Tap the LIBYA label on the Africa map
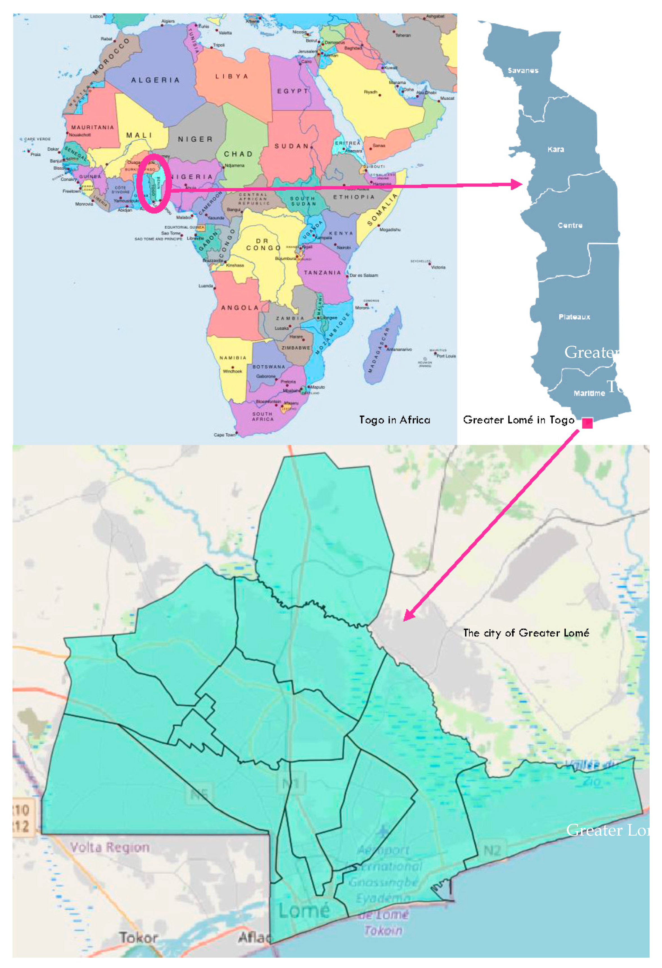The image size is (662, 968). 232,77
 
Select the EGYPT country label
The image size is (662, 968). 293,91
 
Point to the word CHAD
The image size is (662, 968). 238,154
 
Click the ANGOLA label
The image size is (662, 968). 240,308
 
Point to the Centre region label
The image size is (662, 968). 570,225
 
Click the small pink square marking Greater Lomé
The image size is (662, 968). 587,423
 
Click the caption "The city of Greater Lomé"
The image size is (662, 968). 526,633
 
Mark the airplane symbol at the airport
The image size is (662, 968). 382,832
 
